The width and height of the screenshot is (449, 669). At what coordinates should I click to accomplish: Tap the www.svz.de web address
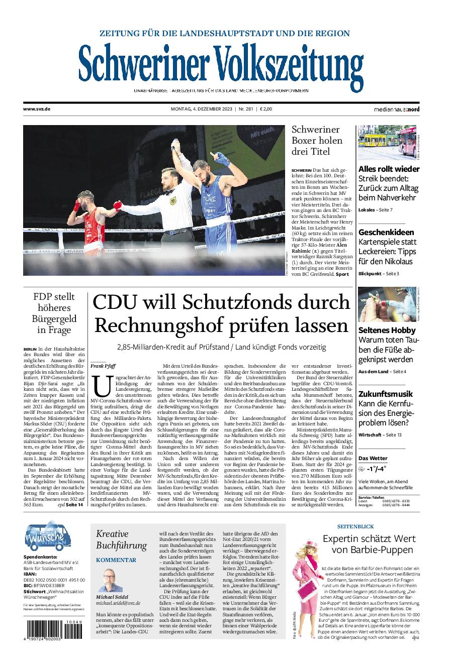[37, 109]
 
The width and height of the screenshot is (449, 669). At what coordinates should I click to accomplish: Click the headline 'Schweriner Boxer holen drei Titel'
[317, 141]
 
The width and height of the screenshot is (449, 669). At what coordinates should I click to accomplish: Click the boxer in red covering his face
[91, 216]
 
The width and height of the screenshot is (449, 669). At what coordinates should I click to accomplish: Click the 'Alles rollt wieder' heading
[389, 169]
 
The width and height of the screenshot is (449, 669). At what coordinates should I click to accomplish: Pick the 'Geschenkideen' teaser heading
[386, 232]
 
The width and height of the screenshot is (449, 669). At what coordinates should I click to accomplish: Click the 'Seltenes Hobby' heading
[387, 330]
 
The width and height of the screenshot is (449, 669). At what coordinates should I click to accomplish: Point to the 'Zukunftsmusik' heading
[386, 394]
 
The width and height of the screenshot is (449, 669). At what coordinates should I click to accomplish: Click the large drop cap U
[101, 387]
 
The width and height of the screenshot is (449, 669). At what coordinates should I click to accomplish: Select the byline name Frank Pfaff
[103, 366]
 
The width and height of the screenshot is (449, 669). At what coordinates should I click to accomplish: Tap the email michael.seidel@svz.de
[118, 603]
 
